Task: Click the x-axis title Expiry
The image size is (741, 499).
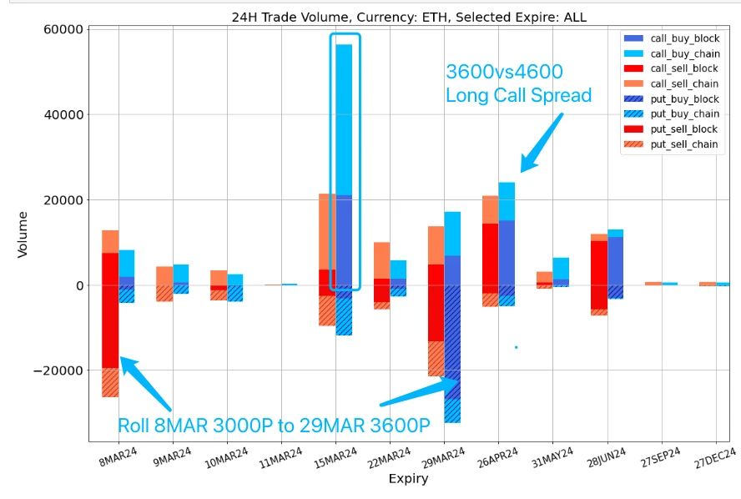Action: click(x=409, y=479)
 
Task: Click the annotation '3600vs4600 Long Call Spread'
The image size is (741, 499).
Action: click(x=517, y=83)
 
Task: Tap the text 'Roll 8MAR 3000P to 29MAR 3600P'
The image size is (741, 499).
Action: click(x=274, y=425)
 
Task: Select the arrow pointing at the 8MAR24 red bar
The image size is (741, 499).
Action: click(x=145, y=383)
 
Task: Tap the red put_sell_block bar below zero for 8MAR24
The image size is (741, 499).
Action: click(x=110, y=326)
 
